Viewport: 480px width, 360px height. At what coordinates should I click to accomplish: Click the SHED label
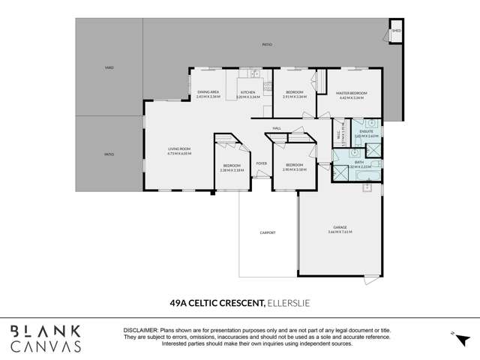(395, 31)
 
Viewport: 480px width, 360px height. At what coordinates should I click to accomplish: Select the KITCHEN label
(248, 92)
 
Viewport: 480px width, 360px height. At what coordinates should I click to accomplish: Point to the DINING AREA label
(207, 92)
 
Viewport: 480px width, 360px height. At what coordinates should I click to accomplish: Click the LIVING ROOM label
(179, 149)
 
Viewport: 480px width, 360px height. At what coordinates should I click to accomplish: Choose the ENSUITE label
(367, 131)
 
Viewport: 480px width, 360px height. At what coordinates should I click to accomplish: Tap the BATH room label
(358, 162)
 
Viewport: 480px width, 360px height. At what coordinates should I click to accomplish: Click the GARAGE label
(340, 227)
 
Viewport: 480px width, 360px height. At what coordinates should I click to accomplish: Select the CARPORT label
(268, 232)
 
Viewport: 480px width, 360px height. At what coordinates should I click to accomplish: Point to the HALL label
(277, 128)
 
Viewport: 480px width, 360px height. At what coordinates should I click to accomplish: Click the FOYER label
(262, 163)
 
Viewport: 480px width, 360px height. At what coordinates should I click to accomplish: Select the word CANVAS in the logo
(46, 346)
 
